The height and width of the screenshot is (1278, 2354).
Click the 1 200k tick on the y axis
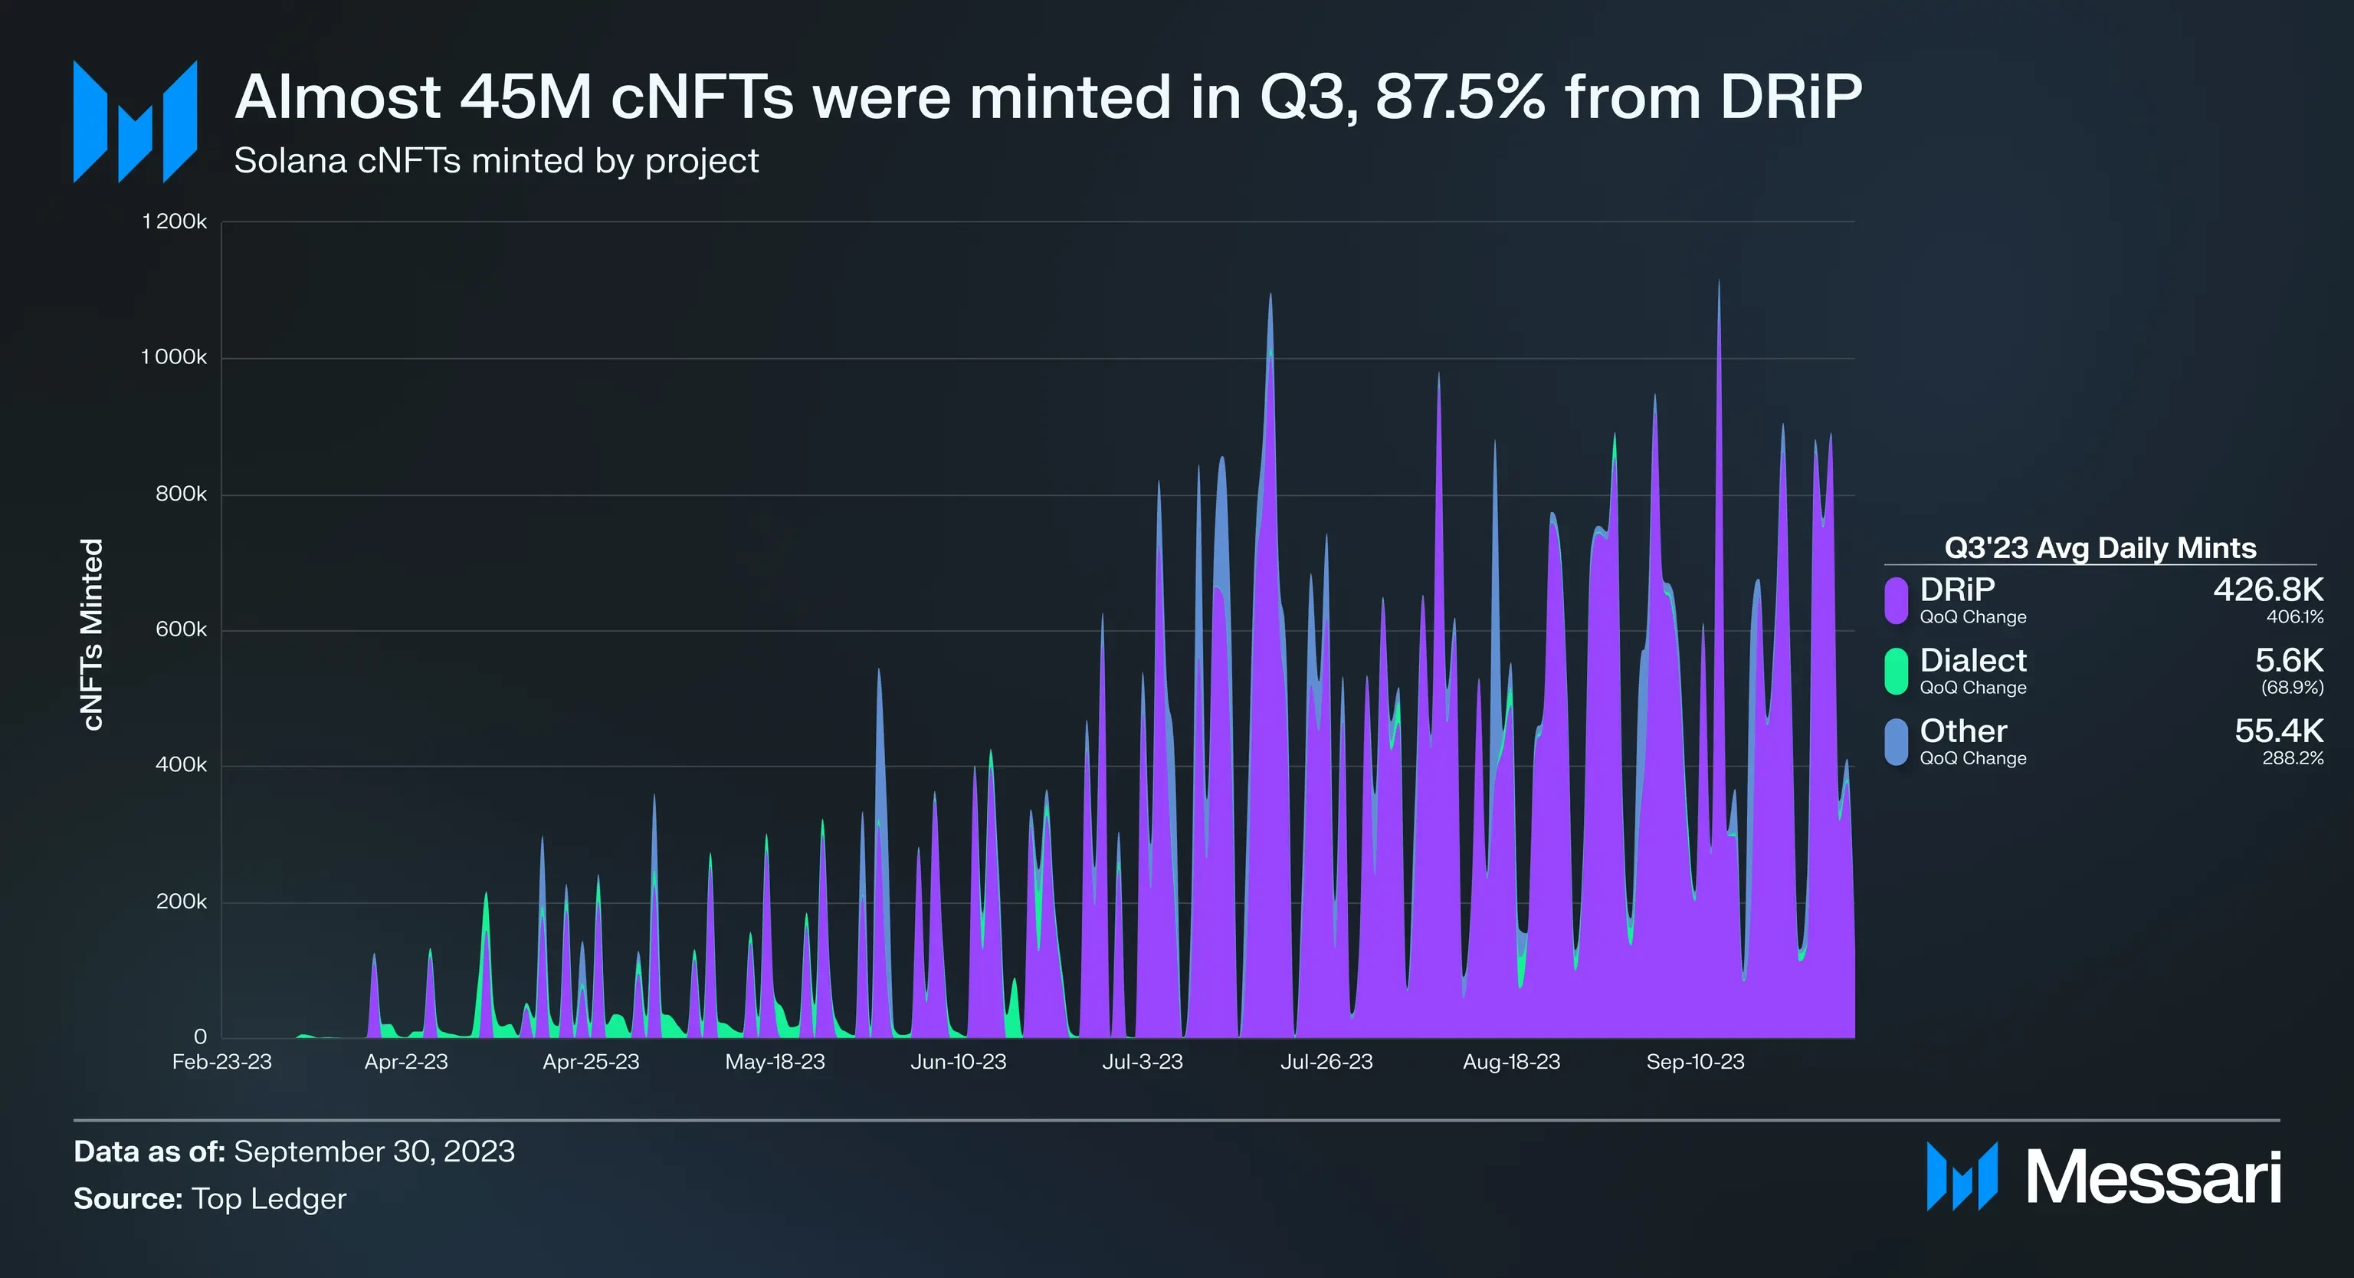[175, 222]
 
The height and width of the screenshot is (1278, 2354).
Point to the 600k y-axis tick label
[181, 630]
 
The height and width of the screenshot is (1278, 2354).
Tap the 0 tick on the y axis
[200, 1037]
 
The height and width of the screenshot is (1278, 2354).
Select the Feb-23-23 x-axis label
[222, 1063]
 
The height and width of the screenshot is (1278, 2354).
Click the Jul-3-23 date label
[1143, 1063]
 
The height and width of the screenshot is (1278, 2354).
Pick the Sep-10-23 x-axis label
[1695, 1063]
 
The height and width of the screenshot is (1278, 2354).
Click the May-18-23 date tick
[775, 1063]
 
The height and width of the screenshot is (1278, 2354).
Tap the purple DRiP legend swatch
[1897, 600]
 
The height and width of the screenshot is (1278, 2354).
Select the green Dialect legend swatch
[1897, 671]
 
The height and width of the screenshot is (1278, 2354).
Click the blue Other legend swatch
[1897, 741]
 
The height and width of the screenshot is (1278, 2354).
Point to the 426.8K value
[2268, 590]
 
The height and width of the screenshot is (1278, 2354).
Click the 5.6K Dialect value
[2288, 660]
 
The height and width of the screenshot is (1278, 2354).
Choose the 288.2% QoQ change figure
[2292, 759]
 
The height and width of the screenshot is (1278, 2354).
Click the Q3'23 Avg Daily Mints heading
[2100, 547]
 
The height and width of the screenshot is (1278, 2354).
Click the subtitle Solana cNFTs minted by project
[497, 161]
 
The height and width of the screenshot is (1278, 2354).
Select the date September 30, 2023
[375, 1152]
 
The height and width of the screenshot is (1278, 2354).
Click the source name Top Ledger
[269, 1199]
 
